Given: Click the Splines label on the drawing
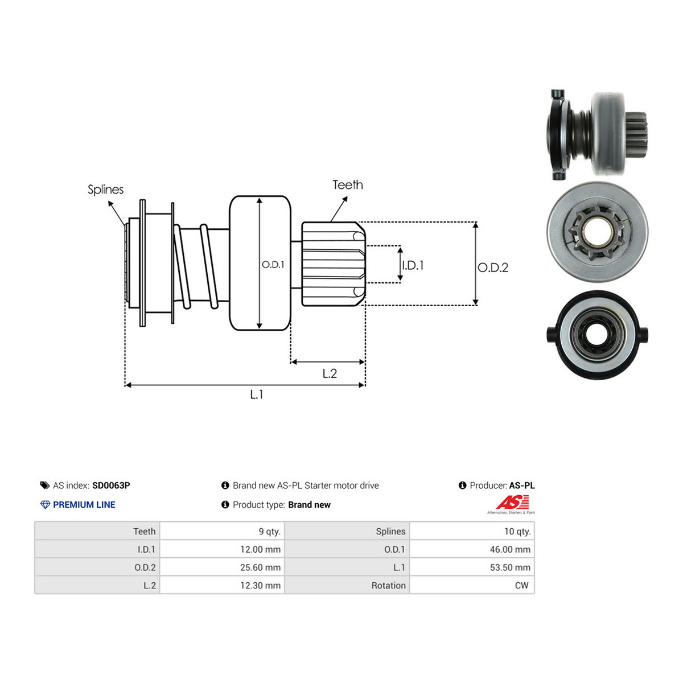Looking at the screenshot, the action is tap(106, 190).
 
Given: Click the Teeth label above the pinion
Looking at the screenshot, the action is tap(347, 184).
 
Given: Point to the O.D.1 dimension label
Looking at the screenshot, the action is tap(273, 265).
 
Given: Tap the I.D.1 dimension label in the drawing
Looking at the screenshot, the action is tap(413, 265).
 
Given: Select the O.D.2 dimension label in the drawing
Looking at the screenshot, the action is tap(493, 268).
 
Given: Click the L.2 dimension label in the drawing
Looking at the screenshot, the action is tap(330, 373).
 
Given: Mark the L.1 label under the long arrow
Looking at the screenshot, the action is tap(256, 394).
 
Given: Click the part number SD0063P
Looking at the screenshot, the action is tap(111, 485).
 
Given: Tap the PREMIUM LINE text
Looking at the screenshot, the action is tap(84, 504).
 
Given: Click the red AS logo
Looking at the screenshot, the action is tap(513, 502).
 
